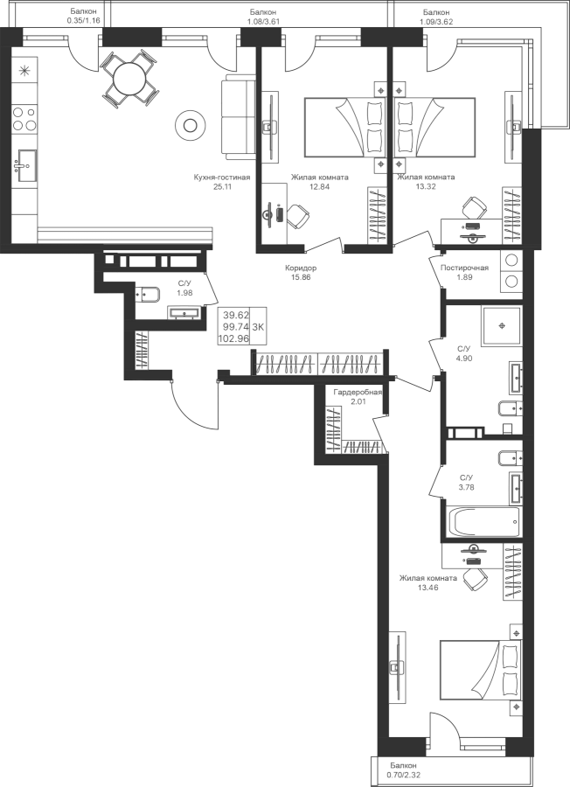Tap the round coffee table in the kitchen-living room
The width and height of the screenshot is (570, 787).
tap(188, 126)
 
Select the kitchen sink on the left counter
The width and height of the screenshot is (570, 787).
tap(24, 162)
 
